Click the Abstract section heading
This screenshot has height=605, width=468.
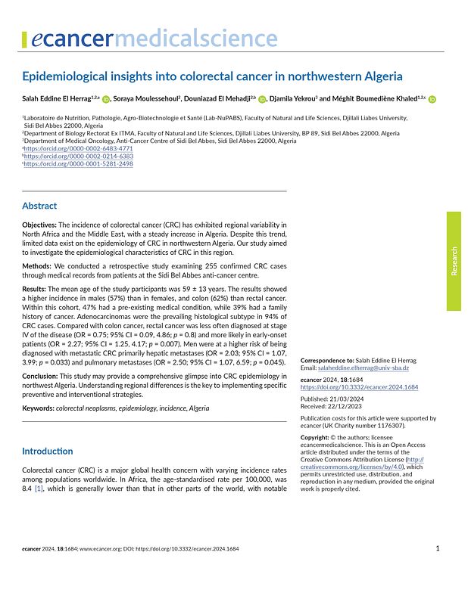[39, 206]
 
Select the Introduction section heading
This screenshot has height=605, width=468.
[48, 451]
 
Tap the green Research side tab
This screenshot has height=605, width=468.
[453, 261]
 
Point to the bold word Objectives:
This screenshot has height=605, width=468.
[39, 225]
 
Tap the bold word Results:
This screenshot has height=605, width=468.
[36, 289]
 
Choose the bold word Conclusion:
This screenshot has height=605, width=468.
[41, 376]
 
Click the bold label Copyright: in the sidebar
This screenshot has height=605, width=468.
[318, 437]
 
